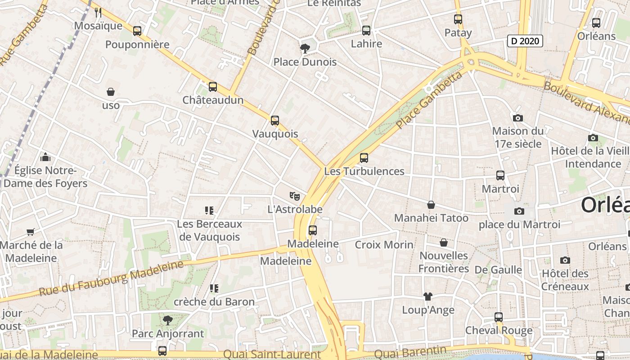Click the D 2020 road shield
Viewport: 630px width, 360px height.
click(525, 41)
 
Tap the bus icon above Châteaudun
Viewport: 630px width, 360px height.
click(213, 87)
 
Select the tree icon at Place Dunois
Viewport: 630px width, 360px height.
click(305, 49)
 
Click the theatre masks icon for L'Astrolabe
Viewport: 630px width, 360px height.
click(295, 196)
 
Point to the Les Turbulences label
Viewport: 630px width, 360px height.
click(364, 171)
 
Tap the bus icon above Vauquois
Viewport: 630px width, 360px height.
click(275, 121)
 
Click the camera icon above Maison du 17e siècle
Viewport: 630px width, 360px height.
click(518, 118)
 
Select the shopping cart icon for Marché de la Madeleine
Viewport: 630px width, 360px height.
click(31, 232)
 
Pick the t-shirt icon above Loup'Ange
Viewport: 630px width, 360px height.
click(427, 297)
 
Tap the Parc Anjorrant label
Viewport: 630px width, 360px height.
click(168, 334)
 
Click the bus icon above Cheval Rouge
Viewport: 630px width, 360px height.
click(499, 317)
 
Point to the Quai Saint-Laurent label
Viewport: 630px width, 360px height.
click(272, 355)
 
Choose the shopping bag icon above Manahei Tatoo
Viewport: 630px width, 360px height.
click(431, 205)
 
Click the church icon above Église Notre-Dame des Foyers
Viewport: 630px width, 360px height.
click(45, 157)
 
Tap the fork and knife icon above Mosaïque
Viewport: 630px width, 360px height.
click(98, 13)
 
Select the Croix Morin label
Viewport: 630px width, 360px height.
click(384, 245)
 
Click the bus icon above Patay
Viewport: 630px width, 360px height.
click(458, 19)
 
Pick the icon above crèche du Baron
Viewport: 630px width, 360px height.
click(214, 288)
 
